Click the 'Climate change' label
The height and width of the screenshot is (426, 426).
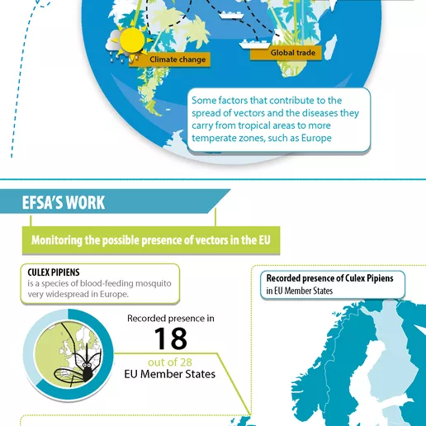(x=178, y=59)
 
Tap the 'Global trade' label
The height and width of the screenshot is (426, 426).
(x=294, y=54)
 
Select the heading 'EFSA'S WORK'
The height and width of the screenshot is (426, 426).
(x=64, y=202)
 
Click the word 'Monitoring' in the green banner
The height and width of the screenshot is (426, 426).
(x=65, y=241)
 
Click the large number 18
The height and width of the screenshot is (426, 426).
(x=170, y=338)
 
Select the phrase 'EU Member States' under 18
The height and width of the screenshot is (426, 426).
(x=169, y=374)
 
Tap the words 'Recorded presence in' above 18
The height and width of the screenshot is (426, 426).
(x=170, y=318)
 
